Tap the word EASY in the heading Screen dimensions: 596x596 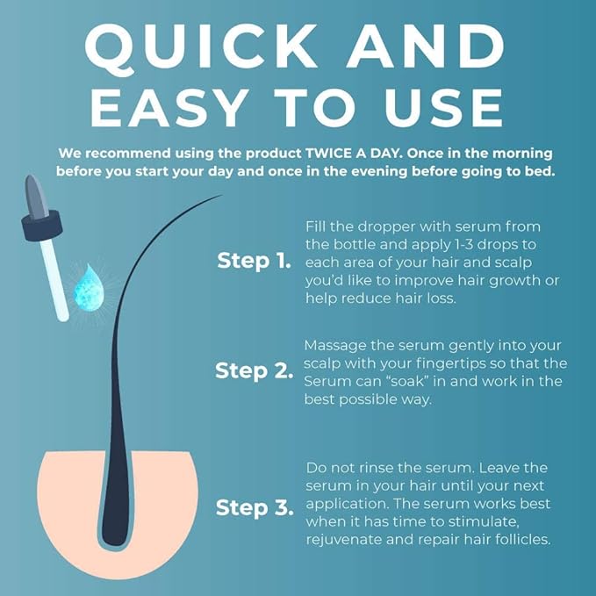[x=169, y=108]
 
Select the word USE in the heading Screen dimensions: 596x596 [x=445, y=108]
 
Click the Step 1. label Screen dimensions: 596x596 [x=254, y=261]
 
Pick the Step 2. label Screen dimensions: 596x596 [x=254, y=370]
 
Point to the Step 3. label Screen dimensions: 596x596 [x=255, y=508]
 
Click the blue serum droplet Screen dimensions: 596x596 [x=89, y=290]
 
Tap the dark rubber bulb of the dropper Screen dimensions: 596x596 [x=36, y=197]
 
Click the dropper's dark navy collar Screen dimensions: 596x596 [x=42, y=225]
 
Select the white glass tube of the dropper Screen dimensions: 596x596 [x=54, y=280]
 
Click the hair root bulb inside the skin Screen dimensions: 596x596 [x=116, y=521]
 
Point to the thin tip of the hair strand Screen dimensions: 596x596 [x=220, y=196]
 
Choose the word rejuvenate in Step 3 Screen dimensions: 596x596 [x=341, y=540]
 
